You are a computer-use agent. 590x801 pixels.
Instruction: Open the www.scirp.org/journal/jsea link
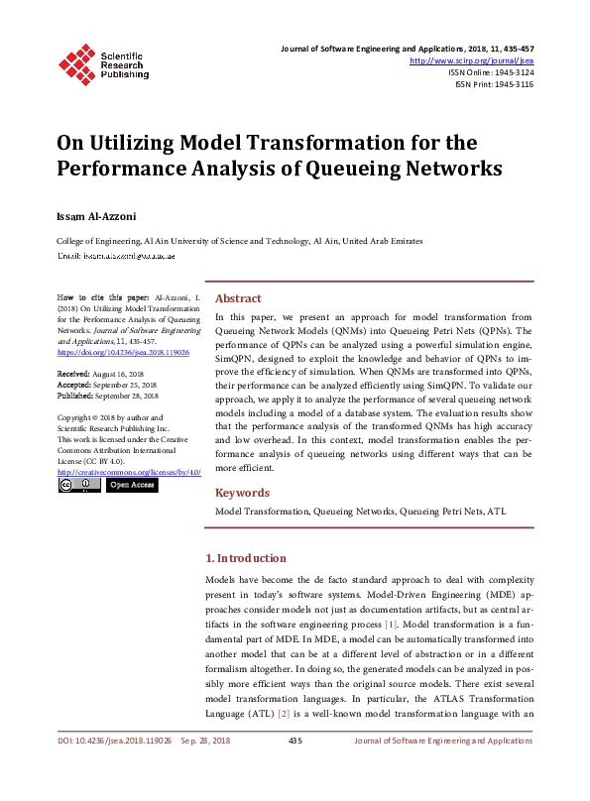[471, 60]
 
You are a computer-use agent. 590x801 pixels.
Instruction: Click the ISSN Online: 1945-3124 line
[491, 72]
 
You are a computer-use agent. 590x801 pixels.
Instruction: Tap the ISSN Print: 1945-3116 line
[494, 84]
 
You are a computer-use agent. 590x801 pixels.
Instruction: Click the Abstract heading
[238, 298]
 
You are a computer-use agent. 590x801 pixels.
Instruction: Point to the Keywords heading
[242, 493]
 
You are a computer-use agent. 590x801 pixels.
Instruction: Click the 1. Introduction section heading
[245, 558]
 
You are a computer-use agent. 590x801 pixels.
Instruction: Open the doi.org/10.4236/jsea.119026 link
[123, 351]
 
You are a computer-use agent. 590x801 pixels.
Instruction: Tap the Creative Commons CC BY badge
[78, 485]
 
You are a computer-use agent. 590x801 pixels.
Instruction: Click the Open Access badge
[132, 485]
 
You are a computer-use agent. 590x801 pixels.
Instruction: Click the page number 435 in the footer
[295, 768]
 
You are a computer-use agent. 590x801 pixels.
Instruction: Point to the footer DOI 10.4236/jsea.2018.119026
[114, 768]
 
